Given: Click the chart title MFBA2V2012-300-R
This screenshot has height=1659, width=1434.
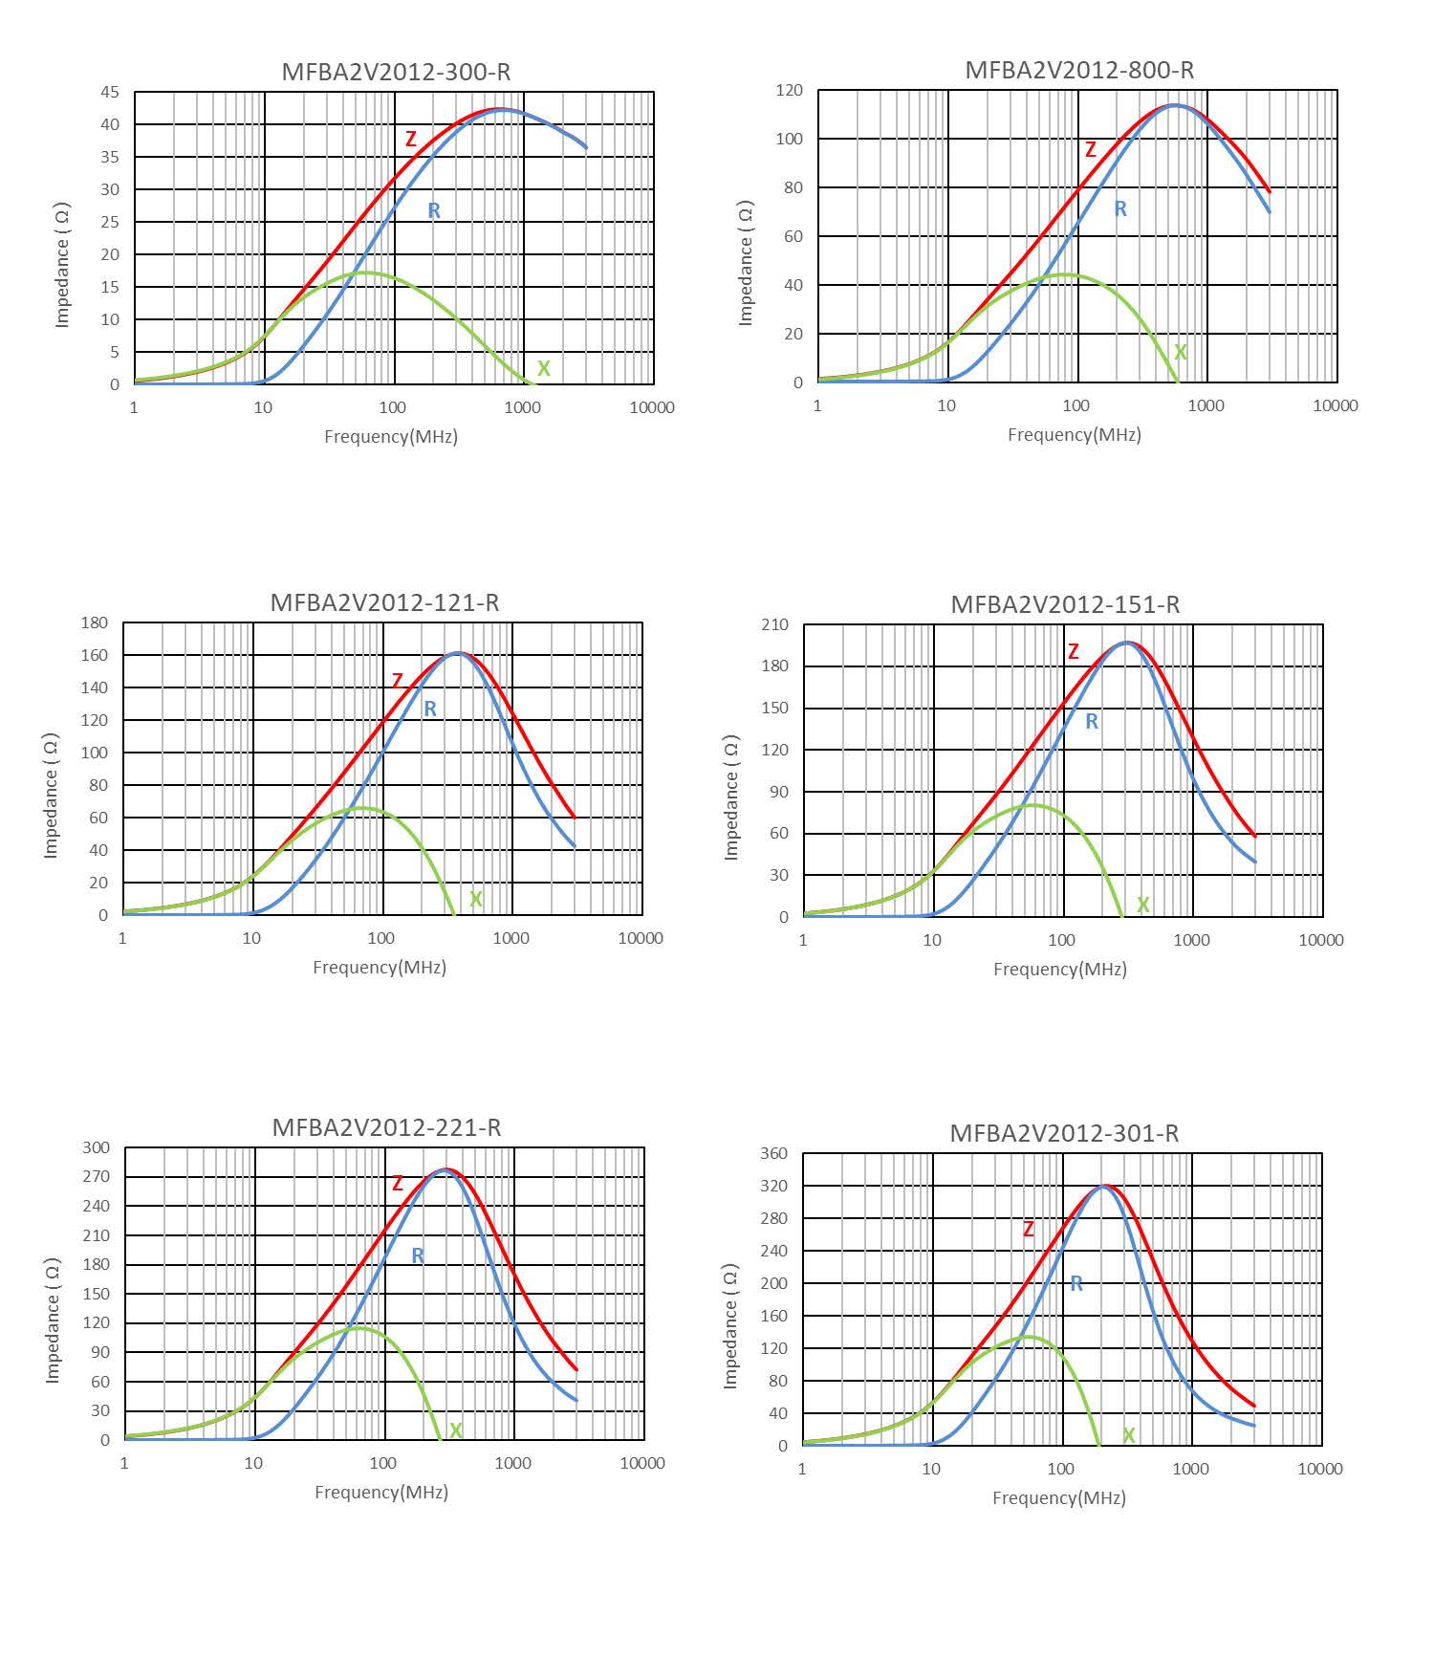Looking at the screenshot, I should [x=396, y=72].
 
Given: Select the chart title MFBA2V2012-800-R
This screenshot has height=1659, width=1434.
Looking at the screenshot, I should [x=1079, y=70].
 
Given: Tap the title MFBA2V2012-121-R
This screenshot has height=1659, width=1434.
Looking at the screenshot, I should [x=384, y=602].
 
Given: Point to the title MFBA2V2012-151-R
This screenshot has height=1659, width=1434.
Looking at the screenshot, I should [x=1065, y=604].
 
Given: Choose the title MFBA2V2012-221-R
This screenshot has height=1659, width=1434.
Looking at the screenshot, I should [x=386, y=1127].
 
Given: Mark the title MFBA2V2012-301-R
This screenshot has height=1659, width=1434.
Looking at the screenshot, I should [x=1064, y=1133].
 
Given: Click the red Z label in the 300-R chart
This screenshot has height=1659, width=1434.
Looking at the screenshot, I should [x=411, y=140].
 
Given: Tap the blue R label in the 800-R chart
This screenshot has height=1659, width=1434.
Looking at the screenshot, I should [x=1120, y=208].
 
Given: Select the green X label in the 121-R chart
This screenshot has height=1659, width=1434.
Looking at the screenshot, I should [x=476, y=900].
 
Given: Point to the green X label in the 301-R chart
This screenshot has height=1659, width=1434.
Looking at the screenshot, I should [x=1129, y=1435].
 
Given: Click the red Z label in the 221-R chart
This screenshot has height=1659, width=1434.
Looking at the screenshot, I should [x=398, y=1184].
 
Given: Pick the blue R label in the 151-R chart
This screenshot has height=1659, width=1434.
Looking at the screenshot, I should [x=1092, y=722].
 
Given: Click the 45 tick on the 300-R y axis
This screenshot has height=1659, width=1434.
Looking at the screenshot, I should [x=110, y=93].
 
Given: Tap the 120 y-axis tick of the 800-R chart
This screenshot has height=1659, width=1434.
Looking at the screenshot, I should [x=790, y=91].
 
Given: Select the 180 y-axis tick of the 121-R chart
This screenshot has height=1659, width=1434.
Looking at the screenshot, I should [x=95, y=622].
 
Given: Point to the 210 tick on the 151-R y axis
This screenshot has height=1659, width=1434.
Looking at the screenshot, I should [x=775, y=625].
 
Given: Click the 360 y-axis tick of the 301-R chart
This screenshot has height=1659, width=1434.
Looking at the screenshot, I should [x=773, y=1154].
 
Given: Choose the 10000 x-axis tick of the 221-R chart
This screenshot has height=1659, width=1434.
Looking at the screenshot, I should [x=641, y=1463].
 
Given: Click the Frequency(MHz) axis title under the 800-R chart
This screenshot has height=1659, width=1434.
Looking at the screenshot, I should [x=1075, y=435].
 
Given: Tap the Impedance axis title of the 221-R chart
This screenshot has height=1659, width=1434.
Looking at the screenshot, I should [x=53, y=1321].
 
